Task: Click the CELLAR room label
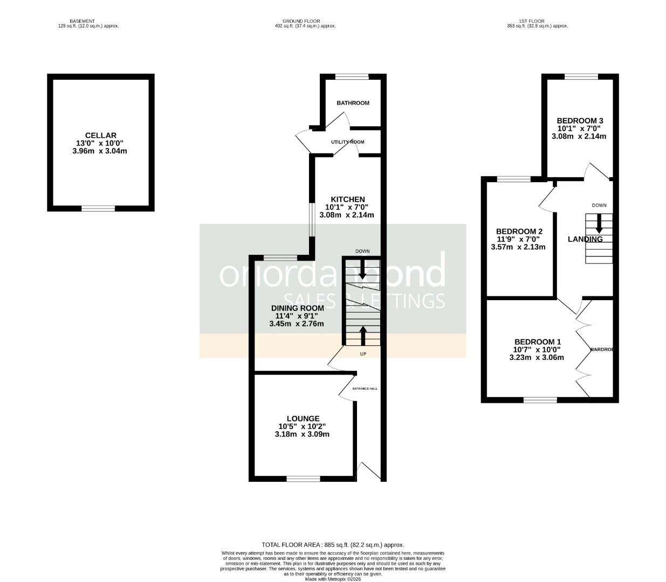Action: pos(100,135)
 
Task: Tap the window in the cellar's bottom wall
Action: pos(98,208)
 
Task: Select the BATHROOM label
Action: pos(353,103)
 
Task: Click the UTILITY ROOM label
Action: pos(348,142)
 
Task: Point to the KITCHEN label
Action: pos(348,199)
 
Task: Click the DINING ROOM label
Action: pos(297,308)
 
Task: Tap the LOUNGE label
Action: pos(303,418)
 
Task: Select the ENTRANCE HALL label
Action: pos(365,389)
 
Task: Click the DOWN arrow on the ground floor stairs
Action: pos(362,269)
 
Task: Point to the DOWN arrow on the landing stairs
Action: pos(599,223)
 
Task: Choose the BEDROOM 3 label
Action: pos(580,121)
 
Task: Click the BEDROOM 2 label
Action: pos(519,232)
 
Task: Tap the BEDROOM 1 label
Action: pos(538,342)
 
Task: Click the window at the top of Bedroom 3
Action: pos(581,77)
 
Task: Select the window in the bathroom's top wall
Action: pos(352,77)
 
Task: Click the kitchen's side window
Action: pos(311,219)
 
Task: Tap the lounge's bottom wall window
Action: pos(303,479)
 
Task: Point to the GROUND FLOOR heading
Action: pos(301,21)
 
